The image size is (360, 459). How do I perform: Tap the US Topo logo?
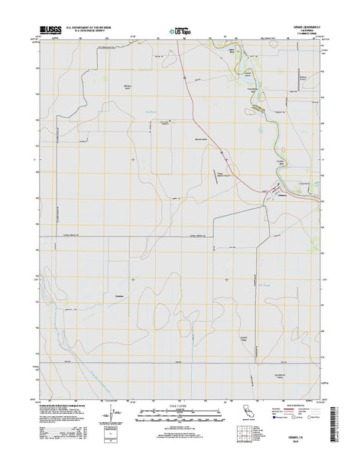click(175, 32)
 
